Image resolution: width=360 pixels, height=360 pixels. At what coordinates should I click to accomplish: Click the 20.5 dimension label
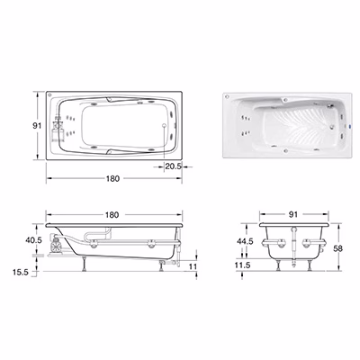tap(174, 166)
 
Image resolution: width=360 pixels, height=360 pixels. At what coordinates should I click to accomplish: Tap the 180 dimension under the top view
tap(112, 178)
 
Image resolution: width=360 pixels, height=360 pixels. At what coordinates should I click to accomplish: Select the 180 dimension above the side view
tap(112, 215)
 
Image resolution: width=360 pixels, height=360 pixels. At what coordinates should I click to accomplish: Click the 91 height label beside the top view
tap(37, 126)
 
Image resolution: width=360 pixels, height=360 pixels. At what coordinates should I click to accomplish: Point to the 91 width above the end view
tap(293, 214)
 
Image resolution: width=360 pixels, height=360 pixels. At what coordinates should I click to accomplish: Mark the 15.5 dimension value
tap(21, 273)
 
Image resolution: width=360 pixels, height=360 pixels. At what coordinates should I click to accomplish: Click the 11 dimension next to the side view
tap(193, 266)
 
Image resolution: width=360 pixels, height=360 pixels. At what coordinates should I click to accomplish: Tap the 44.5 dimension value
tap(245, 241)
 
